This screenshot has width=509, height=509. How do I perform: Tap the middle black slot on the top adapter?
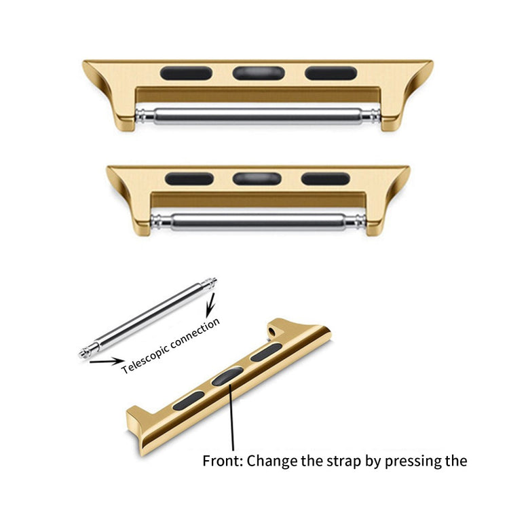tap(258, 73)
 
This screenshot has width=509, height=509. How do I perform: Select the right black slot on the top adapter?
tap(331, 73)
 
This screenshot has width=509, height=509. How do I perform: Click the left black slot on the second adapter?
tap(189, 179)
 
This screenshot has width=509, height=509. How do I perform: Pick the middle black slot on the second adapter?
tap(257, 179)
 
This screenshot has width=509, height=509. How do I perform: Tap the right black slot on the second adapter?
tap(326, 179)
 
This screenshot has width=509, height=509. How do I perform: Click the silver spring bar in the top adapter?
tap(258, 116)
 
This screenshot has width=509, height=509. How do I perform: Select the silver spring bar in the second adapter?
tap(258, 221)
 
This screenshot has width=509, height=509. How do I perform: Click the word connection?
tap(197, 331)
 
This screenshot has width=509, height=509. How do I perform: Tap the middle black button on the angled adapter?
tap(227, 376)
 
